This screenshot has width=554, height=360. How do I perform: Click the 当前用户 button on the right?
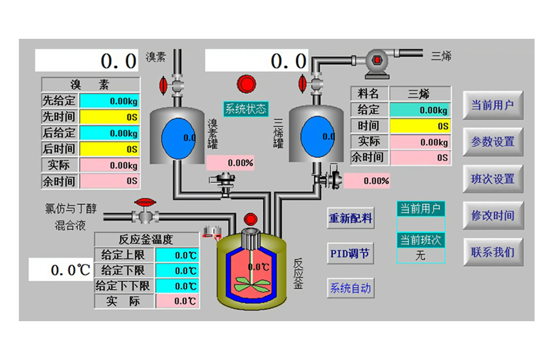click(493, 105)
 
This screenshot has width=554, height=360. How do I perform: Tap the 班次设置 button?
click(493, 179)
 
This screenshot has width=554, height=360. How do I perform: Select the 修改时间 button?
click(493, 215)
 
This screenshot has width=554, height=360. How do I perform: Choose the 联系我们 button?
click(493, 252)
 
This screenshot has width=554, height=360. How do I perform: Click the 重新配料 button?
click(351, 218)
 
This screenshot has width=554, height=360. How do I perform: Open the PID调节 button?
click(350, 254)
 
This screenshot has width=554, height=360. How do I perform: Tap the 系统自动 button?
click(350, 288)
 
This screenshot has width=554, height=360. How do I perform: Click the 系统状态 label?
click(245, 109)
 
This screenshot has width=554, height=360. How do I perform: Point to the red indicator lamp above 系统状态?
click(247, 84)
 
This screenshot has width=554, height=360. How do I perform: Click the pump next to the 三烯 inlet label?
click(377, 60)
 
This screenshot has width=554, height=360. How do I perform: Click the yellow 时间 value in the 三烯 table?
click(420, 126)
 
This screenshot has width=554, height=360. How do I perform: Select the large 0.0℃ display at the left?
click(61, 270)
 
